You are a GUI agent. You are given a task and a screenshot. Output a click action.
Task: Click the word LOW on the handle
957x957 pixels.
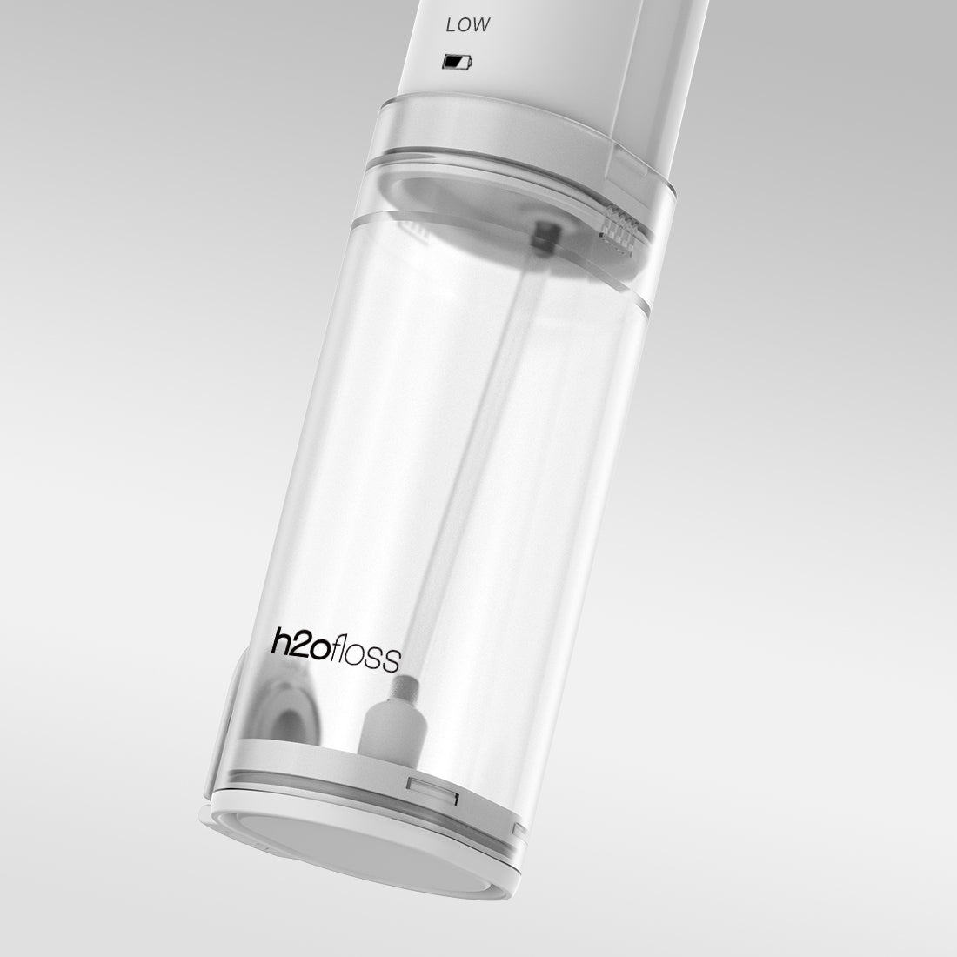coord(467,25)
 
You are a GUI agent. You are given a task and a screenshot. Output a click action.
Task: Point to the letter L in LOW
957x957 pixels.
coord(451,25)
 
